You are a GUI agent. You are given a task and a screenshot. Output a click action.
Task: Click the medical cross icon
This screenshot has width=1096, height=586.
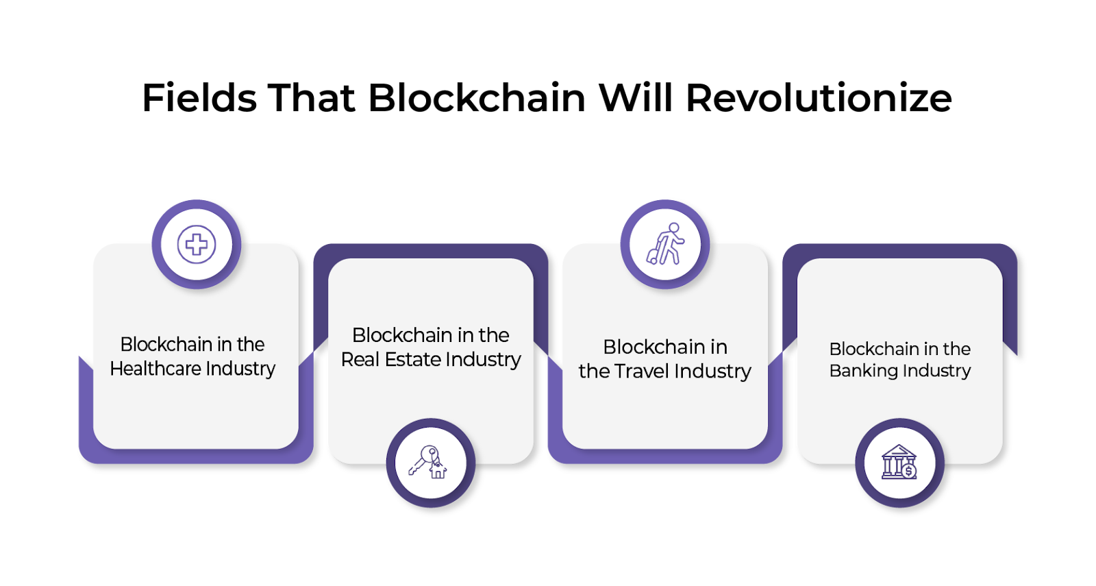coord(197,245)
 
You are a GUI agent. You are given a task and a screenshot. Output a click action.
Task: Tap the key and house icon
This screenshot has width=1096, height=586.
coord(427,462)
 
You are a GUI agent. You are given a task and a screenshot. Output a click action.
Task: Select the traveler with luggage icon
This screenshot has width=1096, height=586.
coord(665,244)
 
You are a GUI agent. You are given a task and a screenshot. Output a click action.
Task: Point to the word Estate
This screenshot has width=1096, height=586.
coord(413,360)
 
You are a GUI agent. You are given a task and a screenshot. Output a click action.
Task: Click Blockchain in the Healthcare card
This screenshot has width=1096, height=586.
coord(166,344)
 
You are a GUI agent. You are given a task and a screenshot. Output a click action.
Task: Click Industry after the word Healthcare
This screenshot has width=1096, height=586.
coord(240,369)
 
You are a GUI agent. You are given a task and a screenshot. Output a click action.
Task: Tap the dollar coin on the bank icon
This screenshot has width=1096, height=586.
coord(908,471)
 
